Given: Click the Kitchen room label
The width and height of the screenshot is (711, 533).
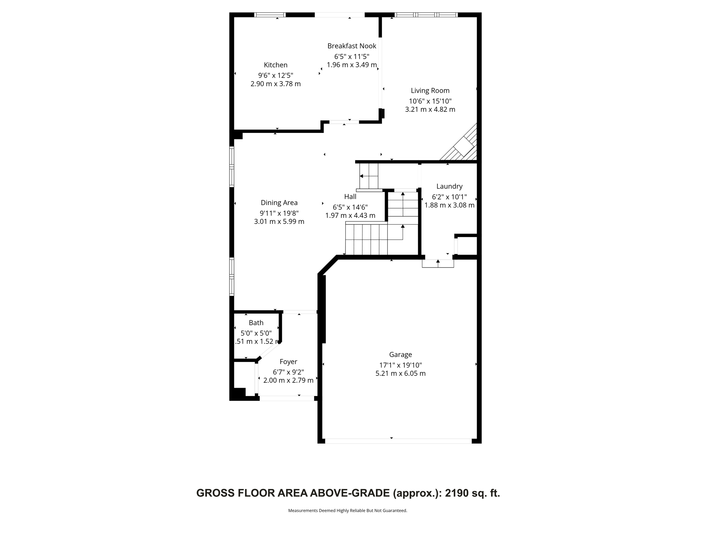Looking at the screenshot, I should pos(275,65).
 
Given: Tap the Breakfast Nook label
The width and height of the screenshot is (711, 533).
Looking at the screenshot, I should pos(351,46).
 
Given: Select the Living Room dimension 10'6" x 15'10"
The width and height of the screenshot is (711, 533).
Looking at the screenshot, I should pos(430,101).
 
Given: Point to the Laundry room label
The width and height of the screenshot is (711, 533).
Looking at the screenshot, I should pos(449,186).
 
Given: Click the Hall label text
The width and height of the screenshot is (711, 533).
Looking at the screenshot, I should pos(350,197).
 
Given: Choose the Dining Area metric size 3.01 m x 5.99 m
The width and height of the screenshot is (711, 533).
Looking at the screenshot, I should pos(279,221).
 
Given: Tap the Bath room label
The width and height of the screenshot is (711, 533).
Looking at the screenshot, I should pos(256,323).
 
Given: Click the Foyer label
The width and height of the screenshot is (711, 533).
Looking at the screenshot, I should pos(288,362).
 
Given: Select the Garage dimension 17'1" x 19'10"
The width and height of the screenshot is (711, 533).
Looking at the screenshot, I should pos(400,365).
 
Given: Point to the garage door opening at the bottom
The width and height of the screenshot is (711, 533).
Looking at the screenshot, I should pos(398,441).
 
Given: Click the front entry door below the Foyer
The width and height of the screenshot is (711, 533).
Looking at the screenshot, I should pos(287,399).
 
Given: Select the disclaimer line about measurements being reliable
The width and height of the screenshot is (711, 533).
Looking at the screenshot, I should pos(347,510).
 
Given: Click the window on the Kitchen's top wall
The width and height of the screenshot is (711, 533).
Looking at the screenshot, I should pos(270,15).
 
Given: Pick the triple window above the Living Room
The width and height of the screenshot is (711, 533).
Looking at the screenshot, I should pos(426,15).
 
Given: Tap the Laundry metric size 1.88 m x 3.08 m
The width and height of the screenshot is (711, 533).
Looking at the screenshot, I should pos(449,205).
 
